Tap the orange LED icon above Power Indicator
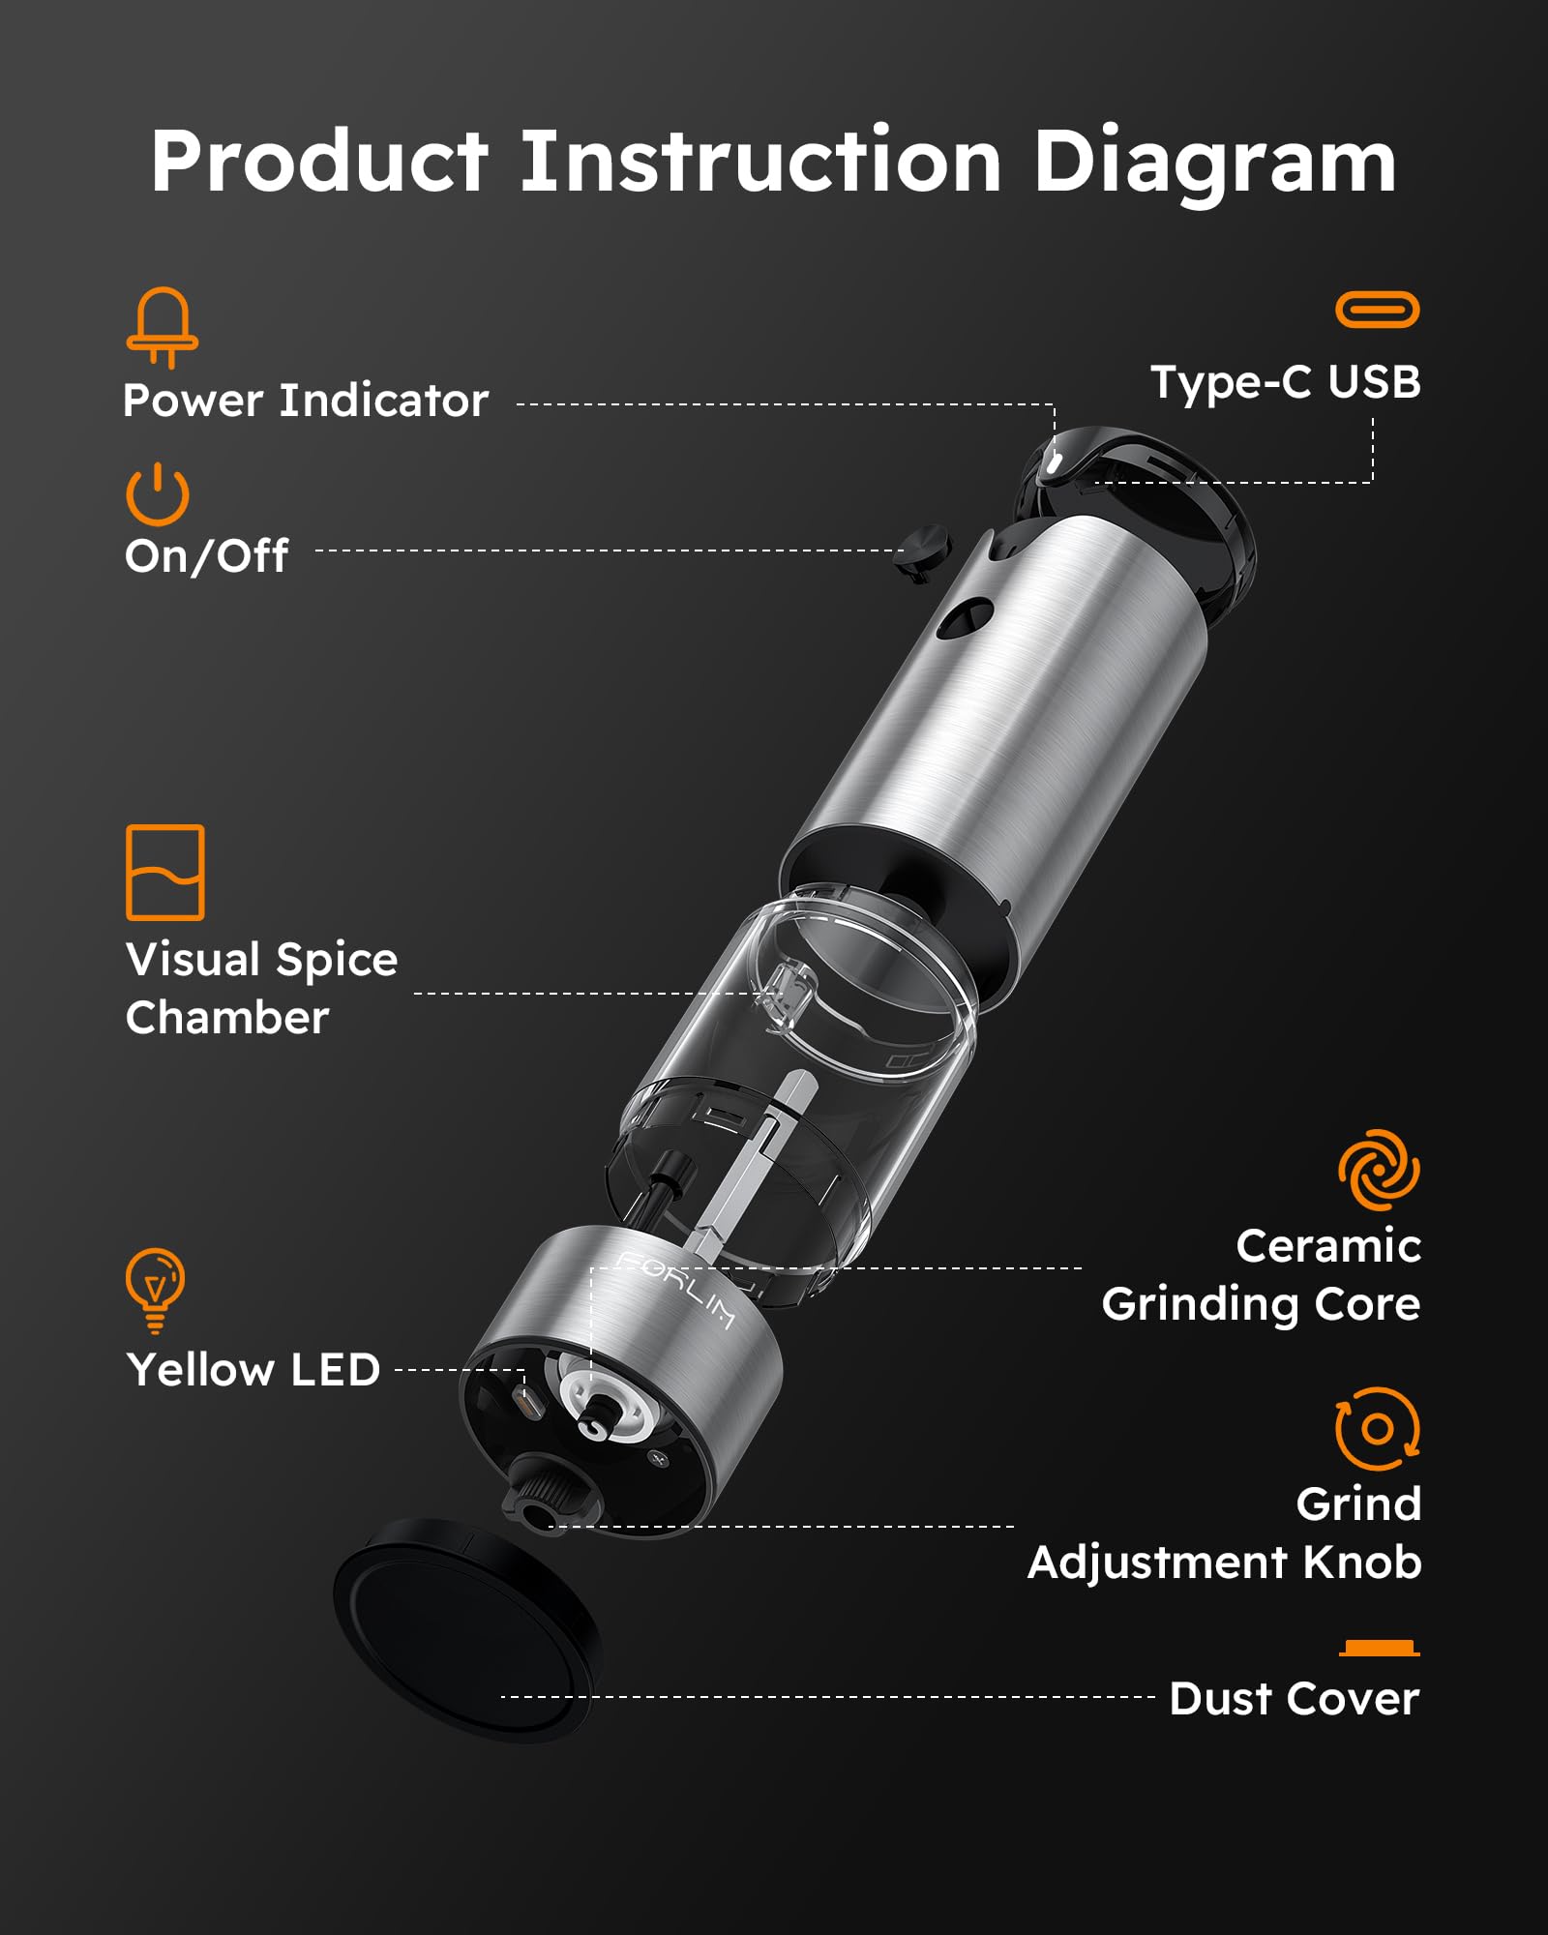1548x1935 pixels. coord(163,327)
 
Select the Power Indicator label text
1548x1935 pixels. coord(306,401)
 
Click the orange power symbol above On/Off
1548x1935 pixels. coord(157,494)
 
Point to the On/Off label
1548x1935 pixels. coord(206,555)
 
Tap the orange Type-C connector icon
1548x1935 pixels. coord(1377,310)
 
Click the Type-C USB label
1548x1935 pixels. coord(1285,382)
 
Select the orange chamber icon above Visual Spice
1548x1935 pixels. coord(164,872)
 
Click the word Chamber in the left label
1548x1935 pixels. coord(227,1018)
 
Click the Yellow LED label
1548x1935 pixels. coord(253,1370)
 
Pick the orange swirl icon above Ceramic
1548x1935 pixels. coord(1379,1170)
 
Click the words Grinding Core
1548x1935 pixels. coord(1261,1304)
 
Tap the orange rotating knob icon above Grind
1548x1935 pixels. coord(1378,1428)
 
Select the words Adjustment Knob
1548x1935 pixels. coord(1224,1563)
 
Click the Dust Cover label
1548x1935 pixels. coord(1294,1699)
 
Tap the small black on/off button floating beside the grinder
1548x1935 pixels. coord(924,551)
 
